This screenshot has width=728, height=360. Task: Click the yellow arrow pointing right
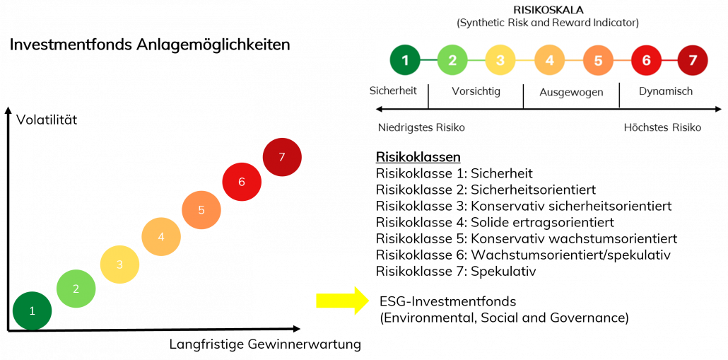pyautogui.click(x=342, y=301)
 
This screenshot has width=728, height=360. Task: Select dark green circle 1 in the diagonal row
pyautogui.click(x=32, y=310)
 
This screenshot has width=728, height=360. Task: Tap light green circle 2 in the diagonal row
pyautogui.click(x=76, y=289)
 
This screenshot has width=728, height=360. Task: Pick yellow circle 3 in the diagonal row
pyautogui.click(x=119, y=265)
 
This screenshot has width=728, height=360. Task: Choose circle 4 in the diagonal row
pyautogui.click(x=161, y=236)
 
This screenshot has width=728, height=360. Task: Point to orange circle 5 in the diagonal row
pyautogui.click(x=201, y=210)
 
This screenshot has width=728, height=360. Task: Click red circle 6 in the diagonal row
pyautogui.click(x=242, y=182)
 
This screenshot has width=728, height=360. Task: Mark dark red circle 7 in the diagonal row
pyautogui.click(x=282, y=157)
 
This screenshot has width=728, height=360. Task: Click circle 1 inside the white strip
pyautogui.click(x=405, y=60)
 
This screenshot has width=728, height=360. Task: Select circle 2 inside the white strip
pyautogui.click(x=452, y=60)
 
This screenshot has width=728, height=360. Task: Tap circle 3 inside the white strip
pyautogui.click(x=500, y=60)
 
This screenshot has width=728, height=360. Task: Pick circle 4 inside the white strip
pyautogui.click(x=549, y=60)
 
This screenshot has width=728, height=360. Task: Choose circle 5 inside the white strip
pyautogui.click(x=598, y=60)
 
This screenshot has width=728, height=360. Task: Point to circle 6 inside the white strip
pyautogui.click(x=646, y=60)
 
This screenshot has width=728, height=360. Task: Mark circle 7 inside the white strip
pyautogui.click(x=693, y=60)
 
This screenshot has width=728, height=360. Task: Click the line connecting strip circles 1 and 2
pyautogui.click(x=429, y=60)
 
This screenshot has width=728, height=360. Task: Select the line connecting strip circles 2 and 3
pyautogui.click(x=476, y=60)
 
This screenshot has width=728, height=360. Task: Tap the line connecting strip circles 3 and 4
pyautogui.click(x=524, y=60)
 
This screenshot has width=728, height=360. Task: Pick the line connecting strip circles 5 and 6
pyautogui.click(x=622, y=60)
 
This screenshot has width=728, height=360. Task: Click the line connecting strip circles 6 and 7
pyautogui.click(x=669, y=60)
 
